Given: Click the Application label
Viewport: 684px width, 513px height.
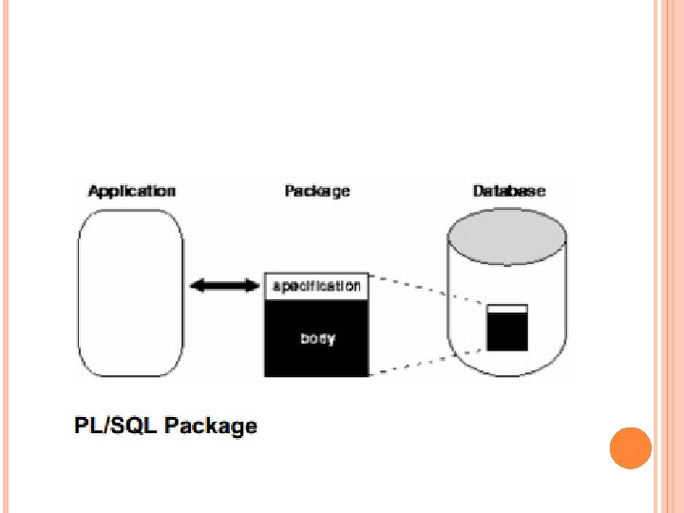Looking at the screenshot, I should pos(131,191).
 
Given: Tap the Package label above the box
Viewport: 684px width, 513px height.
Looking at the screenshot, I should pos(317,191).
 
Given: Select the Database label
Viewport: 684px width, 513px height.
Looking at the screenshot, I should pos(509,191).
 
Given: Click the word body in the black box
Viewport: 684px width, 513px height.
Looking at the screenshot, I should pos(317,338).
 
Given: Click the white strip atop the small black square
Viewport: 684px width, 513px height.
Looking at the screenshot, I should pos(506,309).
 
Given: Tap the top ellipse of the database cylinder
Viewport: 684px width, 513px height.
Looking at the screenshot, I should pos(509,234).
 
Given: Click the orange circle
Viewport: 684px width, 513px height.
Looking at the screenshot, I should pos(630,448).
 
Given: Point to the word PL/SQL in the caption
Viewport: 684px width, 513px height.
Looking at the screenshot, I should pos(115,426).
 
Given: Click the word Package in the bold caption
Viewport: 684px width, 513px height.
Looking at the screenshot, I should pos(211,427).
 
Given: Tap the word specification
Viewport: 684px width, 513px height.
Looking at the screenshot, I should pos(317,285).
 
